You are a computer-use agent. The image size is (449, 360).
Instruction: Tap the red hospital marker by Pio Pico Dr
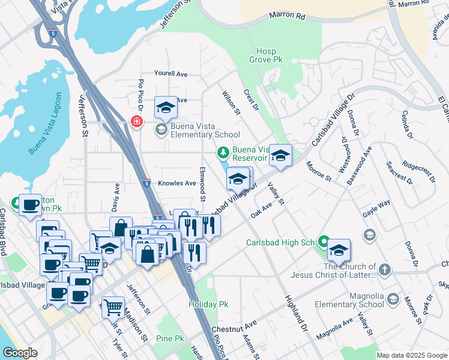click(x=137, y=122)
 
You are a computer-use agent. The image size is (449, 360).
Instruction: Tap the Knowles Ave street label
click(x=177, y=183)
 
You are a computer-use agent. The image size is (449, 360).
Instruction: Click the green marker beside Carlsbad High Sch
click(x=324, y=242)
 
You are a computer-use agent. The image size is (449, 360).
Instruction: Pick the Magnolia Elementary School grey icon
click(x=393, y=298)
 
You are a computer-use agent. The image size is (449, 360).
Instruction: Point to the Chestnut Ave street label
click(x=234, y=330)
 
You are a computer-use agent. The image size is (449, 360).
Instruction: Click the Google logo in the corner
click(x=20, y=353)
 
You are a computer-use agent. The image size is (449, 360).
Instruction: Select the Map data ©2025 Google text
click(x=411, y=355)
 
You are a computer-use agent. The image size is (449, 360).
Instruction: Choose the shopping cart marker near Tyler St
click(x=113, y=307)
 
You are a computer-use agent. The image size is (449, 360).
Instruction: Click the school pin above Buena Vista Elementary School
click(x=166, y=108)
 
